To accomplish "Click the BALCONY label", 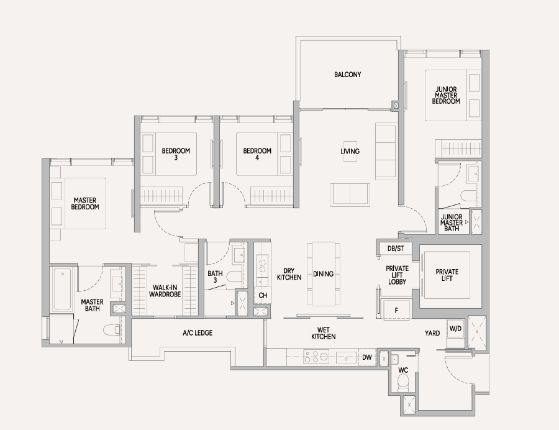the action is point(348,75).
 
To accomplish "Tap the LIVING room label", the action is point(350,151).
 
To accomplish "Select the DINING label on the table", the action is point(324,274).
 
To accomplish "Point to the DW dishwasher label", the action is point(367,357).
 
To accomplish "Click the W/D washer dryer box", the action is point(455,329).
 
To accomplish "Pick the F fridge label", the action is point(396,311).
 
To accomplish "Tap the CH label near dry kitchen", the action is point(263,295).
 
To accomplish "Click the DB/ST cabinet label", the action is point(396,249).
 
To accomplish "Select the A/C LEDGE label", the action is point(198,333).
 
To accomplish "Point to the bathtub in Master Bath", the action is point(62,289).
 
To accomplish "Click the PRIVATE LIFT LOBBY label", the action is point(397,275).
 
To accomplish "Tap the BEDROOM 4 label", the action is point(257,153).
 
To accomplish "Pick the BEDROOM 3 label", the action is point(176,153).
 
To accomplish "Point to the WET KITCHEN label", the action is point(324,333).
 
